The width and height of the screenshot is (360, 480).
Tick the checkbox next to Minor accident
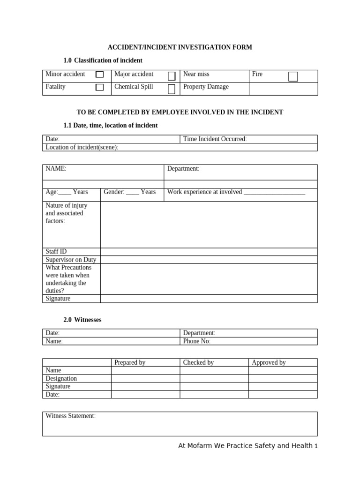tap(99, 75)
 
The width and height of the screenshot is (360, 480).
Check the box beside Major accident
tap(172, 76)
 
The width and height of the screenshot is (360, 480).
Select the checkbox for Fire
tap(293, 76)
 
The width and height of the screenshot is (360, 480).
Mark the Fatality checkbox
tap(99, 88)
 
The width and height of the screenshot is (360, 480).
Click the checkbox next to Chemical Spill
tap(172, 89)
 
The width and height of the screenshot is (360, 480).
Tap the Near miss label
tap(196, 74)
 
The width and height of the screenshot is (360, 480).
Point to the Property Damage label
tap(206, 87)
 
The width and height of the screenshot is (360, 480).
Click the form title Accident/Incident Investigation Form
tap(180, 47)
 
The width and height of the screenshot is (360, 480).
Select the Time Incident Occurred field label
tap(215, 139)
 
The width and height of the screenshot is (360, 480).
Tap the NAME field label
tap(56, 169)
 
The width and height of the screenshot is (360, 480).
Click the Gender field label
tap(114, 192)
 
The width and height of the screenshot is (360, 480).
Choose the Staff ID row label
tap(56, 252)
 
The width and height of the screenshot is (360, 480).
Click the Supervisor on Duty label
tap(71, 260)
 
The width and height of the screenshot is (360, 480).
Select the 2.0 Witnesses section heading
tap(82, 320)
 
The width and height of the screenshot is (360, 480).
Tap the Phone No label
tap(196, 341)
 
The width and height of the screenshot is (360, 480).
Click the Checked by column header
tap(198, 362)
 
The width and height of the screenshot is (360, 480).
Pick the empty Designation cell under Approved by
tap(283, 378)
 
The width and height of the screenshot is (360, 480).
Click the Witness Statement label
tap(70, 416)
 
